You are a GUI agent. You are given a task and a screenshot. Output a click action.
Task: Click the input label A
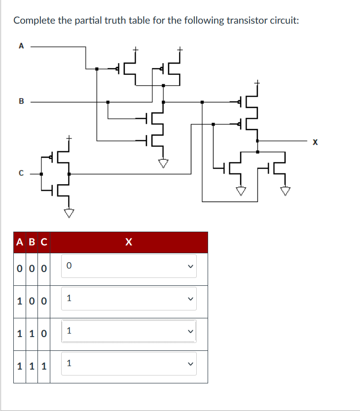click(x=21, y=46)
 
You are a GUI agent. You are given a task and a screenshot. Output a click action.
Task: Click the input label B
click(x=21, y=102)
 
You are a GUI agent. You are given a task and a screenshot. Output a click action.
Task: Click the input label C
click(x=21, y=173)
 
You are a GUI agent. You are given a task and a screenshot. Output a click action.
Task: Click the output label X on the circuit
click(x=316, y=142)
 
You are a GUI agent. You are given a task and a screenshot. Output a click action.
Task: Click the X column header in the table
click(x=129, y=242)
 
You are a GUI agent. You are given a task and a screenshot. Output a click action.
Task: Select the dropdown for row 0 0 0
click(x=129, y=266)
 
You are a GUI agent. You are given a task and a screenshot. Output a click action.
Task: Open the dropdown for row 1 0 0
click(x=129, y=298)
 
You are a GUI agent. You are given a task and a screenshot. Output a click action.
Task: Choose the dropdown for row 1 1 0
click(x=129, y=331)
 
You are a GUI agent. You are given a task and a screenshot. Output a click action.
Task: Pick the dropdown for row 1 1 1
click(x=129, y=364)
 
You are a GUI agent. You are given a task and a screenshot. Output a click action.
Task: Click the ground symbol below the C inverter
click(x=69, y=213)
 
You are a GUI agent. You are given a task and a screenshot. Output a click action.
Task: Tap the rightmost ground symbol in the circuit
click(x=285, y=190)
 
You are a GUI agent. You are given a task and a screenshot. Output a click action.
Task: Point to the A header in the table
click(x=20, y=242)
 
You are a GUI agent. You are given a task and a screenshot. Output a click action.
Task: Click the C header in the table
click(x=44, y=242)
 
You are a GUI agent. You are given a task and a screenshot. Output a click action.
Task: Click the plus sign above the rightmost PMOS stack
click(x=256, y=82)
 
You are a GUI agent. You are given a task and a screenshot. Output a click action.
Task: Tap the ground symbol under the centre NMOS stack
click(x=163, y=162)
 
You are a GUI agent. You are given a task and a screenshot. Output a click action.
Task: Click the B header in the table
click(x=32, y=242)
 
